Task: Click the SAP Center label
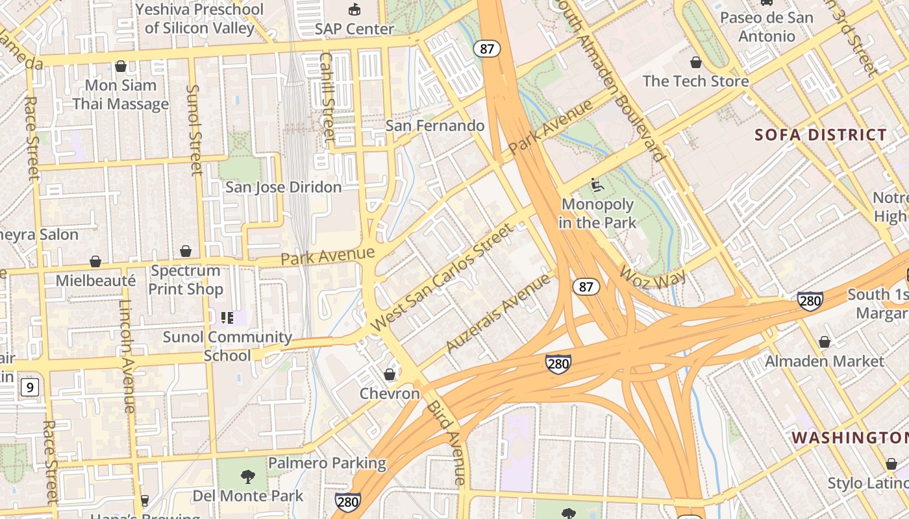[x=354, y=29]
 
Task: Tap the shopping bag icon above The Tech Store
[x=696, y=63]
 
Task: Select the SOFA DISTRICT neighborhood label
[x=821, y=135]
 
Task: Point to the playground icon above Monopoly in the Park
[x=597, y=186]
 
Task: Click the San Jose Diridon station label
[x=283, y=187]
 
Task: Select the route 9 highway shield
[x=29, y=388]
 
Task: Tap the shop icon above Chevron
[x=390, y=374]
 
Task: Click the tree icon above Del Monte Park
[x=247, y=477]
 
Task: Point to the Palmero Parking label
[x=327, y=463]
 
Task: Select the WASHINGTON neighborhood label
[x=849, y=438]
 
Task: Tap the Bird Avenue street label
[x=446, y=442]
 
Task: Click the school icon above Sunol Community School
[x=227, y=317]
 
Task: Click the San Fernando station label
[x=435, y=125]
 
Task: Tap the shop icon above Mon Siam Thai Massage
[x=120, y=66]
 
